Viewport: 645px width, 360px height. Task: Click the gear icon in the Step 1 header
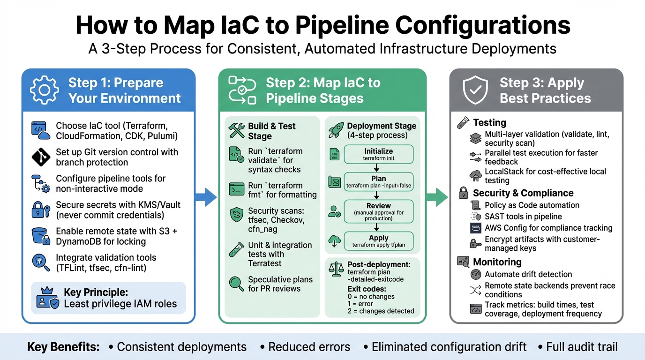click(x=44, y=90)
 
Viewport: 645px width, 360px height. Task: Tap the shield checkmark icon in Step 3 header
click(x=475, y=90)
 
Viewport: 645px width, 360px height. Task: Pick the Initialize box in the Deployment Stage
click(x=379, y=154)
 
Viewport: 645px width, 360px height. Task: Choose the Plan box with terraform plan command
click(x=379, y=182)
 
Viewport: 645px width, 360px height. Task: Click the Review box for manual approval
click(x=379, y=211)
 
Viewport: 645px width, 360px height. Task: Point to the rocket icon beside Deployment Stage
click(x=336, y=130)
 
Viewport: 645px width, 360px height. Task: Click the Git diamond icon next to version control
click(x=41, y=157)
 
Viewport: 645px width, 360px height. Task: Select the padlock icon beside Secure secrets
click(x=38, y=210)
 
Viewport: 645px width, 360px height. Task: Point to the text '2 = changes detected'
click(x=381, y=311)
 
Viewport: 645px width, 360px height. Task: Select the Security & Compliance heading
click(x=523, y=193)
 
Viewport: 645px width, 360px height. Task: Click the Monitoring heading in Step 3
click(x=497, y=262)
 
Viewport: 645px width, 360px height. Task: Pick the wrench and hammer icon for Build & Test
click(x=237, y=131)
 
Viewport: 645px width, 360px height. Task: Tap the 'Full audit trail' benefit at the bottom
click(x=582, y=347)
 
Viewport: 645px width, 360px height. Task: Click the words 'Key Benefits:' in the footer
click(x=63, y=347)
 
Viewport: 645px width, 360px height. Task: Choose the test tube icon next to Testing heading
click(x=463, y=123)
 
